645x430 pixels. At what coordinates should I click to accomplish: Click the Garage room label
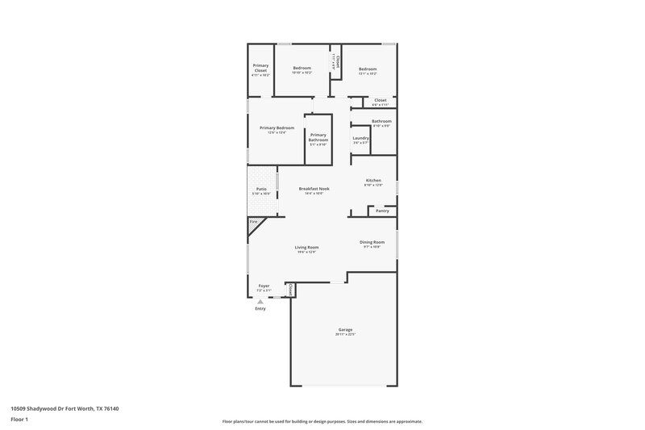[345, 329]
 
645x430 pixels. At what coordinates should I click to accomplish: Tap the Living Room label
[306, 248]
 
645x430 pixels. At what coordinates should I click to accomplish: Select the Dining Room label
[372, 242]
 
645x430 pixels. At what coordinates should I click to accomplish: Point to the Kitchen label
[372, 180]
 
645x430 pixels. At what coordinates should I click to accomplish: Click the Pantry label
[382, 211]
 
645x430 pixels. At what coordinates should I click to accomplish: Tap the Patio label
[261, 189]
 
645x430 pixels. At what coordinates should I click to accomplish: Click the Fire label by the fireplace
[253, 221]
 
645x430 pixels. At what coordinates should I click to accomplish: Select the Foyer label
[264, 286]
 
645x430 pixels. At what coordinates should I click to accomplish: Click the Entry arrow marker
[260, 303]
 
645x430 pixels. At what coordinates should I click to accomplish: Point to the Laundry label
[360, 138]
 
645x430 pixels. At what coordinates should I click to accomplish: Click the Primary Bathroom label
[318, 137]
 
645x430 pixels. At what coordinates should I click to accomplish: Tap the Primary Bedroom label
[277, 127]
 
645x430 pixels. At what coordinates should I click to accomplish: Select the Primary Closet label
[260, 68]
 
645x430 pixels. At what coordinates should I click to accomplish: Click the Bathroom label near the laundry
[381, 121]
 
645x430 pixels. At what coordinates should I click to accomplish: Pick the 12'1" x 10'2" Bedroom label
[368, 69]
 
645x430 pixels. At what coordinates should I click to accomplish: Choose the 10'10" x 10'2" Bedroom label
[302, 68]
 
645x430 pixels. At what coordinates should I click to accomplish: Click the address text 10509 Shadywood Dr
[56, 409]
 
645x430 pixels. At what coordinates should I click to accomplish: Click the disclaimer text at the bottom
[322, 421]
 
